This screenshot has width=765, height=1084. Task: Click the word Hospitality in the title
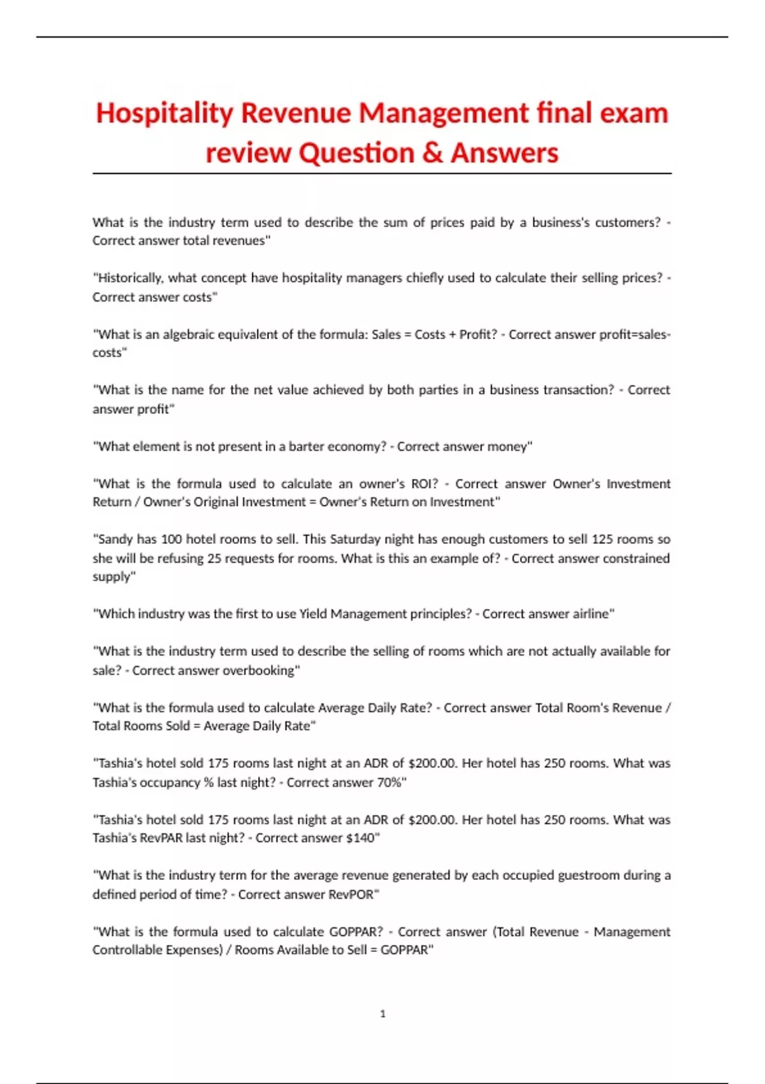click(x=164, y=114)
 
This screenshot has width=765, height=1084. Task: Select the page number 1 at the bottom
click(x=382, y=1013)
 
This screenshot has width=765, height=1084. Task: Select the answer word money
click(x=508, y=446)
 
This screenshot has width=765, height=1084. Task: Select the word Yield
click(x=313, y=613)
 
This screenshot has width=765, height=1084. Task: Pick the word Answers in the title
click(x=504, y=153)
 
